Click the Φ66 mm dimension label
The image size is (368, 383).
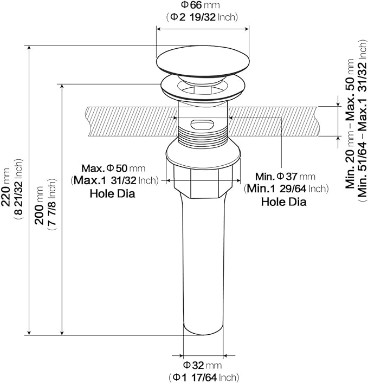point(200,5)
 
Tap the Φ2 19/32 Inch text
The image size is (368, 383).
point(202,17)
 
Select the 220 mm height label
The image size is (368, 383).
point(5,187)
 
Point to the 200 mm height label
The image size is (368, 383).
point(39,205)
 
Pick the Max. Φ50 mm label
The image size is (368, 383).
point(113,168)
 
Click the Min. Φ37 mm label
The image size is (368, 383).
point(285,176)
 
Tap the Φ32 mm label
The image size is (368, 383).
point(202,365)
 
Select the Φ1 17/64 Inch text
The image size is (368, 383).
point(204,378)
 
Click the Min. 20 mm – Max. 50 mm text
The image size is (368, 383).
point(350,124)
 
